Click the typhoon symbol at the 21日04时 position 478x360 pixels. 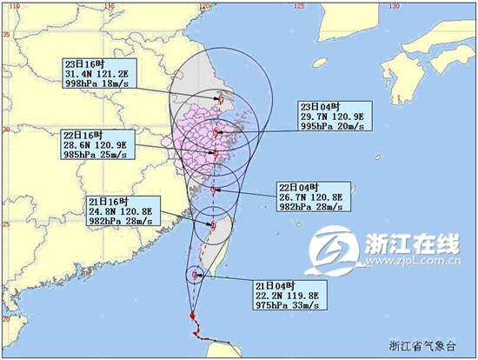193,276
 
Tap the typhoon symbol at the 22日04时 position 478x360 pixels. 213,189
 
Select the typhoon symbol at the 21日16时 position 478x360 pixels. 211,225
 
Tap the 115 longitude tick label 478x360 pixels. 109,6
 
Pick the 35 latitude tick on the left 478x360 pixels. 6,35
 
